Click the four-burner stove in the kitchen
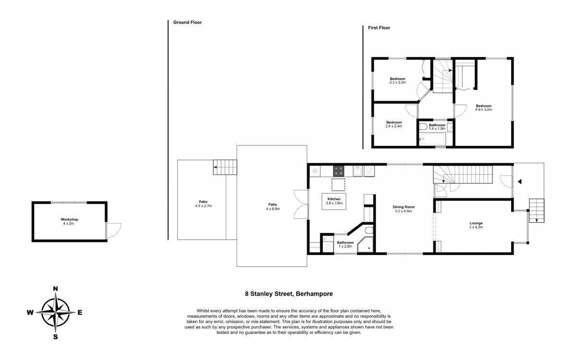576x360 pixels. (x=338, y=171)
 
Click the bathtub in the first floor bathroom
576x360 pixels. (x=432, y=139)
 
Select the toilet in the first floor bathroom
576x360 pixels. (x=423, y=127)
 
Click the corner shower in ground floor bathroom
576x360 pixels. (x=365, y=244)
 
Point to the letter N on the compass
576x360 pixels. (x=55, y=289)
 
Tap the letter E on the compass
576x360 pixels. (x=80, y=312)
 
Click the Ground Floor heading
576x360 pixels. (x=187, y=23)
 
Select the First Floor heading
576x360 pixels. (x=379, y=28)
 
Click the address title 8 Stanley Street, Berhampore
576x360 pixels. (x=289, y=294)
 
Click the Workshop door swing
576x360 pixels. (x=113, y=230)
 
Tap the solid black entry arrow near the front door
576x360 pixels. (x=519, y=181)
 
